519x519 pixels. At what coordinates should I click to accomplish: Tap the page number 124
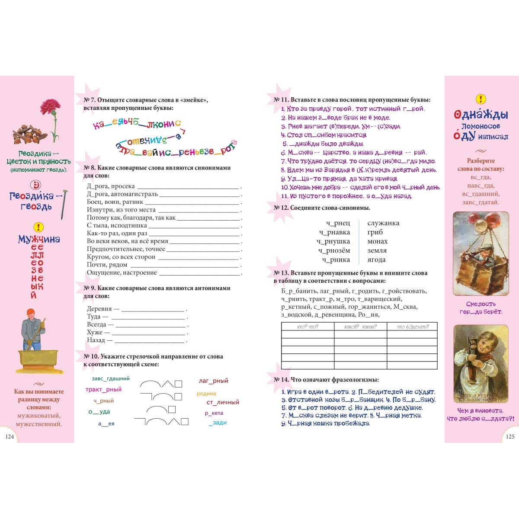[10, 436]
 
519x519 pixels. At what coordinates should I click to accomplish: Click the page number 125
[510, 436]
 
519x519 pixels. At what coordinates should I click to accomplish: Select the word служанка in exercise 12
[383, 223]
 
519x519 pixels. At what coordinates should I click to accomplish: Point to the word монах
[378, 241]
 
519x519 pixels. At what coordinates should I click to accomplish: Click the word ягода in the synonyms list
[376, 259]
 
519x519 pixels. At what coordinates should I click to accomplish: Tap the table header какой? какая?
[360, 327]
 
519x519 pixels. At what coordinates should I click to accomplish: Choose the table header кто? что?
[308, 327]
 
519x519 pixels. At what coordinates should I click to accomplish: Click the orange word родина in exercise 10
[206, 394]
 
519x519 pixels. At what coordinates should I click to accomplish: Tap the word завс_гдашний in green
[111, 378]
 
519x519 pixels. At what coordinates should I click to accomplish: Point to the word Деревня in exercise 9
[99, 309]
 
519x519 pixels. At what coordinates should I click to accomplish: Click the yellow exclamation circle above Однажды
[481, 99]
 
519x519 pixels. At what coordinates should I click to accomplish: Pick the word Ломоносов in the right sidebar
[481, 126]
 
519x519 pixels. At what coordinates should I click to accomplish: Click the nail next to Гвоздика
[64, 203]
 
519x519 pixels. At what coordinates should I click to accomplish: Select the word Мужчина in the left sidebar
[39, 239]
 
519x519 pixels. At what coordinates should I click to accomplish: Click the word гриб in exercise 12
[375, 232]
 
